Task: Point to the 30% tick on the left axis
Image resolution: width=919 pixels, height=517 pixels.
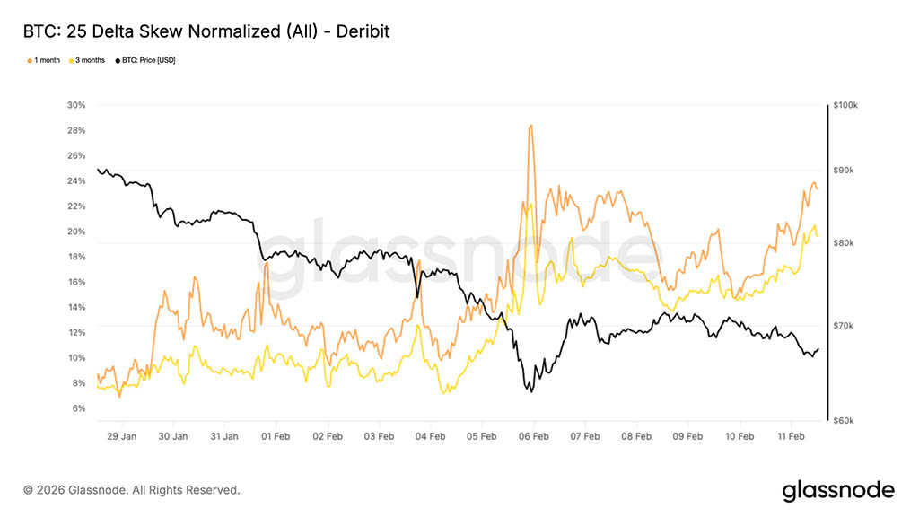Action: coord(76,105)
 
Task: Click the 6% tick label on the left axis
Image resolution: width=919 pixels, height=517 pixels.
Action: coord(78,408)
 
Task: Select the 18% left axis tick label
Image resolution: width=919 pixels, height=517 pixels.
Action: coord(76,257)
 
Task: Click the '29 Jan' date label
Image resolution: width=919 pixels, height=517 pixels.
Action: coord(121,437)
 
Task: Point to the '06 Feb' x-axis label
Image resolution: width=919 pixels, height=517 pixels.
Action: coord(533,437)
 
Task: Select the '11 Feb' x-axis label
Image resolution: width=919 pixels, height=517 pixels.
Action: coord(791,437)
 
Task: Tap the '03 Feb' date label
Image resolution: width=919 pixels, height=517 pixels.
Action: coord(379,437)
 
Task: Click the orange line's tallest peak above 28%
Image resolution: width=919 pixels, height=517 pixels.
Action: coord(531,126)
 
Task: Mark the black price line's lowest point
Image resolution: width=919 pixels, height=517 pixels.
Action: coord(531,391)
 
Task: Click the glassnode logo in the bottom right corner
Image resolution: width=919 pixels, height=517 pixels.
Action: coord(838,490)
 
